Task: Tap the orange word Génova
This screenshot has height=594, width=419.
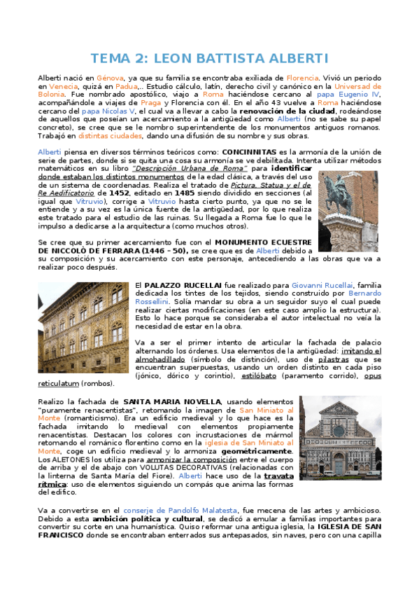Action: point(110,78)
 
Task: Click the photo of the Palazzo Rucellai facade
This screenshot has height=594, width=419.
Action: point(83,328)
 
